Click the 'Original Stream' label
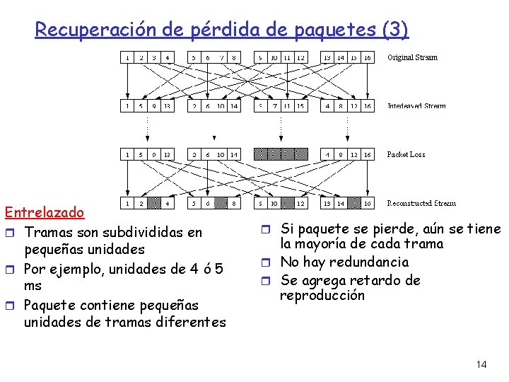point(412,57)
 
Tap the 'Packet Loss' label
point(406,154)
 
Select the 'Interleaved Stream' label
point(416,106)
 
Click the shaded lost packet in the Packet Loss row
point(281,154)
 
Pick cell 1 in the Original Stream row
point(127,57)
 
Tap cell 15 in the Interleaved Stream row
point(300,106)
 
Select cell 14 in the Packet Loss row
point(234,154)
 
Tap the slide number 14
point(481,364)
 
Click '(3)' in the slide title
point(394,30)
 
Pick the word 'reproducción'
point(322,296)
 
